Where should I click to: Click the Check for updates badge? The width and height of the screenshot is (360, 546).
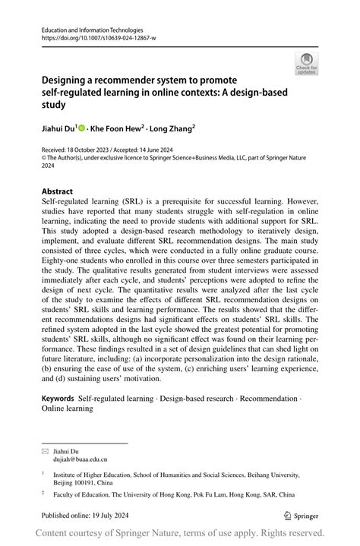(x=306, y=63)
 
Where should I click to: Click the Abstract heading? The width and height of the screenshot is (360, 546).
(x=58, y=191)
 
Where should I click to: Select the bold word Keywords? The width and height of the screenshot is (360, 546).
(x=58, y=399)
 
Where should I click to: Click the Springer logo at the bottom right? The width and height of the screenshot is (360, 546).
(x=302, y=514)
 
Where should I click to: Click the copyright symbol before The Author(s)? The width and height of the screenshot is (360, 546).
(x=44, y=157)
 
